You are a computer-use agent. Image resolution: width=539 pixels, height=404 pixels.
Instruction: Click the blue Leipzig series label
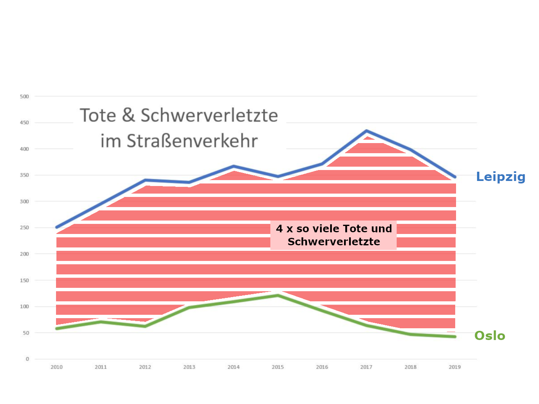(501, 177)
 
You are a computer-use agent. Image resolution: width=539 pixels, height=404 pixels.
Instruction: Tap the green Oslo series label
(489, 336)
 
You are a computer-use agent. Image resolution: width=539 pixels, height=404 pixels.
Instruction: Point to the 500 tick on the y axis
(24, 96)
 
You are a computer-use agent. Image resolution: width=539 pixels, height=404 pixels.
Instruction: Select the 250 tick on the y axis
(24, 228)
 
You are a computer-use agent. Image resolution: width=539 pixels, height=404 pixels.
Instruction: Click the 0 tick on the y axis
(27, 359)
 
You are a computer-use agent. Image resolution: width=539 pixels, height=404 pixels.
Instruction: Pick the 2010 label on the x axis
(56, 367)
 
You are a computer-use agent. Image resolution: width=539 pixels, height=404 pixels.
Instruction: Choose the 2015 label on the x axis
(278, 367)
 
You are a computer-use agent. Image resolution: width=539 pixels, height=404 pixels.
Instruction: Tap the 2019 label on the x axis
(454, 367)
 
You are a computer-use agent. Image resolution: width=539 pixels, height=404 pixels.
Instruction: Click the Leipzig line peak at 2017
(366, 131)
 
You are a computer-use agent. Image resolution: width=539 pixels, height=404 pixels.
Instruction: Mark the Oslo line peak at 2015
(278, 295)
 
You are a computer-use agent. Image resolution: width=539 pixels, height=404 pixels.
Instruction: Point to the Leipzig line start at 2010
(56, 227)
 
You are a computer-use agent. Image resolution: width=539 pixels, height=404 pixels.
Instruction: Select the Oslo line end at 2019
(455, 337)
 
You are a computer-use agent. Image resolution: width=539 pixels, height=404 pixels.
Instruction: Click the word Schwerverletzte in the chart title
(209, 115)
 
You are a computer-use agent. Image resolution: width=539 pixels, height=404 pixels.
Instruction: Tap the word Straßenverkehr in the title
(192, 141)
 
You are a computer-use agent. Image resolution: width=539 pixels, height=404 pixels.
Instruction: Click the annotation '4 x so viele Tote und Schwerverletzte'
(334, 235)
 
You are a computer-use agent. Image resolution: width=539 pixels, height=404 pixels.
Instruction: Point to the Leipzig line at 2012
(145, 180)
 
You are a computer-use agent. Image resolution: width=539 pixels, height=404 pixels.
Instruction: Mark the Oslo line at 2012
(145, 326)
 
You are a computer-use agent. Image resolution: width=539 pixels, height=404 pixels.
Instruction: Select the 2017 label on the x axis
(366, 367)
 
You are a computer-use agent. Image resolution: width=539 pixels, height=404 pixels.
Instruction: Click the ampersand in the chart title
(128, 115)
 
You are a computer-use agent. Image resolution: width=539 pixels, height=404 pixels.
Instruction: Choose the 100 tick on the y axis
(24, 306)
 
